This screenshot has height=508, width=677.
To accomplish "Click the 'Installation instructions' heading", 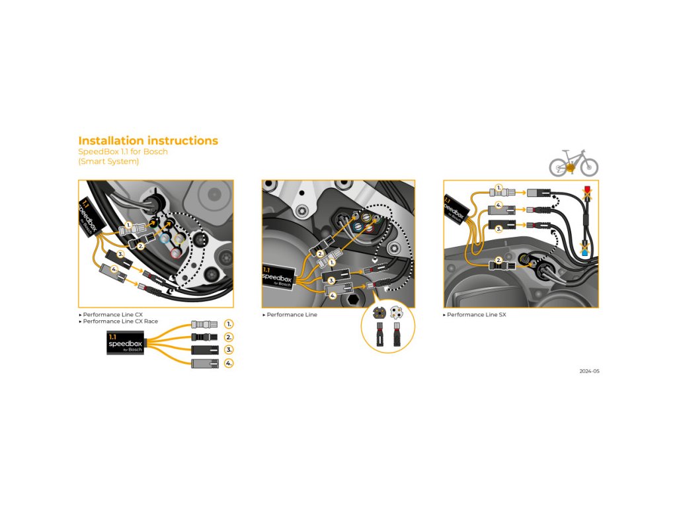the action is [x=148, y=141].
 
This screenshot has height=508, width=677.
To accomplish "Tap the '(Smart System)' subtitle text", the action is [x=108, y=161].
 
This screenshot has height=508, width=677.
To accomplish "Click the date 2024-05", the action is [x=589, y=372].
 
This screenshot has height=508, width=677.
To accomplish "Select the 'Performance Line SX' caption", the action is [x=476, y=315].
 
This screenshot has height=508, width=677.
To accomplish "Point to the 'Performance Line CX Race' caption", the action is [x=120, y=321].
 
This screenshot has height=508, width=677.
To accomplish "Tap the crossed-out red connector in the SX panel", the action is [x=586, y=194].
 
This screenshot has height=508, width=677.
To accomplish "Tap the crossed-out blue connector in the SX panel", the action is [x=585, y=250].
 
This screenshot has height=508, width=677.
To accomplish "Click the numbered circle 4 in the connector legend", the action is [x=229, y=363].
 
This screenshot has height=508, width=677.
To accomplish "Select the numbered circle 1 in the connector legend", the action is [x=229, y=324].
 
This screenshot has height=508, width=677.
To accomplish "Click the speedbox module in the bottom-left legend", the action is [x=125, y=344].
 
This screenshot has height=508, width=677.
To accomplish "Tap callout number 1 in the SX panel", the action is [x=498, y=188].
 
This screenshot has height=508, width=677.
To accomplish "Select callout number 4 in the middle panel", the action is [x=333, y=295].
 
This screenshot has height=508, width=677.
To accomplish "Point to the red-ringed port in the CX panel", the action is [x=175, y=253].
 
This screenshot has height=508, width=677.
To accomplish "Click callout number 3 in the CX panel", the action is [x=120, y=254].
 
